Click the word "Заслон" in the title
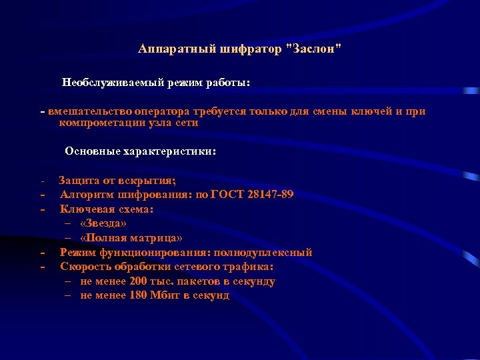tap(313, 49)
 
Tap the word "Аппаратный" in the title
tap(167, 49)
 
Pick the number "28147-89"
tap(269, 195)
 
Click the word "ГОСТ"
tap(226, 195)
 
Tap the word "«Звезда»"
tap(103, 223)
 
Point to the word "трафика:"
tap(251, 267)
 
